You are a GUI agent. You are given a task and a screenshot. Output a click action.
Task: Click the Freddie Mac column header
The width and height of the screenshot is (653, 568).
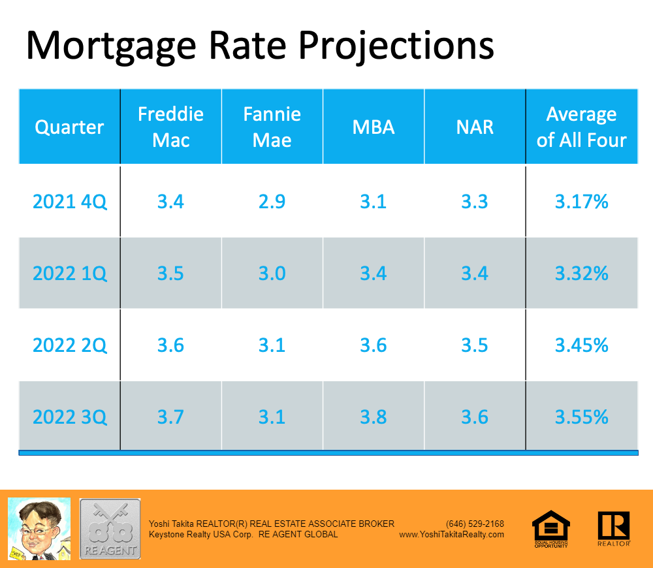coord(170,127)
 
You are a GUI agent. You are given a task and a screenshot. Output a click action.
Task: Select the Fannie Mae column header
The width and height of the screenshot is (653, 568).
coord(272,127)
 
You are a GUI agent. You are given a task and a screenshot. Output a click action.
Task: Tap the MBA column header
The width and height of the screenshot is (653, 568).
coord(374,127)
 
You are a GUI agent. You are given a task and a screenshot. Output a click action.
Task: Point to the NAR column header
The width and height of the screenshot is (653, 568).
coord(475,127)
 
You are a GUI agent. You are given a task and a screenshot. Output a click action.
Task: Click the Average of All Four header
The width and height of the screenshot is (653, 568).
coord(581,127)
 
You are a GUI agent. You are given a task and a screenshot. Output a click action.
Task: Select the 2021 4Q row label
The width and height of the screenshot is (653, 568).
coord(70,202)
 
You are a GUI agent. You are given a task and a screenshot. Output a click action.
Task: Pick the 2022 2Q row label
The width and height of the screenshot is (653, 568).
coord(70,345)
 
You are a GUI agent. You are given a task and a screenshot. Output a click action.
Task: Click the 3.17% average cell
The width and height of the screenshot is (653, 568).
coord(581,202)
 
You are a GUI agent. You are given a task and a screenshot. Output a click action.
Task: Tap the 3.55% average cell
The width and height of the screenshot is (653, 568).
coord(581,417)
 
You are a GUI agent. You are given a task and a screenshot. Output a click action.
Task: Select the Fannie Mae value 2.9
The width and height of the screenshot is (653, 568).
coord(272,202)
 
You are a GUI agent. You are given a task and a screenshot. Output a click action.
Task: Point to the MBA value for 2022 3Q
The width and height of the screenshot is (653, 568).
coord(374,417)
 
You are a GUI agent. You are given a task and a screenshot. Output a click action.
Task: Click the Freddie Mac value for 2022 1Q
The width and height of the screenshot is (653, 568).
coord(170,273)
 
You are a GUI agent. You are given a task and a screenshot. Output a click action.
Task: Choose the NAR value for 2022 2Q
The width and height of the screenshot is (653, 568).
coord(475,345)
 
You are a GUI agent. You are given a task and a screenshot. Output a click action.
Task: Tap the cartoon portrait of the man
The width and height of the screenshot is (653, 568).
coord(39,528)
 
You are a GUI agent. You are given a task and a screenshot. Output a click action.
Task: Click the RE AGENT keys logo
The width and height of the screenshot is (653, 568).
coord(110,528)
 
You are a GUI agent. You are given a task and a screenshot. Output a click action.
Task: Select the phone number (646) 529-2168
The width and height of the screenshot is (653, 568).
coord(475,524)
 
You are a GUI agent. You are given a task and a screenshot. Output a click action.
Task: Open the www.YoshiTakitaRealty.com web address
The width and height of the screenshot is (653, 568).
coord(451,534)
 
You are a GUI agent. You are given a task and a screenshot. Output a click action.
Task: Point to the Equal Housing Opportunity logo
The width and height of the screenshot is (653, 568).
coord(551,528)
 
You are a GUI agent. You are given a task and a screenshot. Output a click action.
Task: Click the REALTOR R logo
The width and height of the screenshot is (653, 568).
coord(613,528)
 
